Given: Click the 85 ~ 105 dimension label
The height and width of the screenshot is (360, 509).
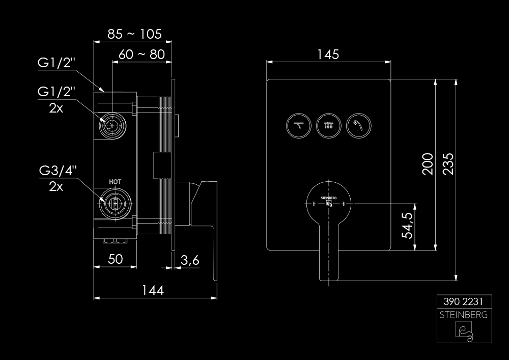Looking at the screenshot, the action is tap(134, 34).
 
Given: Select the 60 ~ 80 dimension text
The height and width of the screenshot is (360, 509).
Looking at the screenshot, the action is tap(142, 54).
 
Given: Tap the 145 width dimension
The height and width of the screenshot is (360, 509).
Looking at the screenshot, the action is tap(328, 54).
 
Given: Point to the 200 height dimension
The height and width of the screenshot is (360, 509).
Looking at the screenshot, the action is tap(428, 164).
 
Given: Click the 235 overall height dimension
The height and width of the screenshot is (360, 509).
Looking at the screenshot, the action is tap(448, 164).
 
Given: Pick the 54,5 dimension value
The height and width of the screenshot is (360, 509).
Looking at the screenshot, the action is tap(407, 225).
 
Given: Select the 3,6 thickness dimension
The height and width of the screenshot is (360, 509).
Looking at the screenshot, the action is tap(190, 260).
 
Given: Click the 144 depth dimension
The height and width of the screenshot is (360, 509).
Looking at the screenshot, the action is tap(153, 290).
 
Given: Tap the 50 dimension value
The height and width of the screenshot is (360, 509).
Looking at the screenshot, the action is tap(115, 259).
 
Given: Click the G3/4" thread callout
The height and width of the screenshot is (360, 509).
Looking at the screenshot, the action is tap(58, 171).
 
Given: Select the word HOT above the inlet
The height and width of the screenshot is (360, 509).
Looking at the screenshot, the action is tap(115, 182).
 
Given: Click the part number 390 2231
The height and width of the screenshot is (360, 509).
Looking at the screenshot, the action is tap(463, 301).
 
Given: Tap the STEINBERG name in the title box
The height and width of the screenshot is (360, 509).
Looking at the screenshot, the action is tap(464, 315).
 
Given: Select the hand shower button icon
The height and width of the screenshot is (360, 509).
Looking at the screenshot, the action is tap(359, 125).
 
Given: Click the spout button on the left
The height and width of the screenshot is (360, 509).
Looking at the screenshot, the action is tap(299, 125).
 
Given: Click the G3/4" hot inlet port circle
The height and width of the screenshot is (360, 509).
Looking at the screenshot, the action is tap(115, 204).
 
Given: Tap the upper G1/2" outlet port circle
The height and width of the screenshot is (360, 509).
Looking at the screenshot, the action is tap(112, 126).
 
